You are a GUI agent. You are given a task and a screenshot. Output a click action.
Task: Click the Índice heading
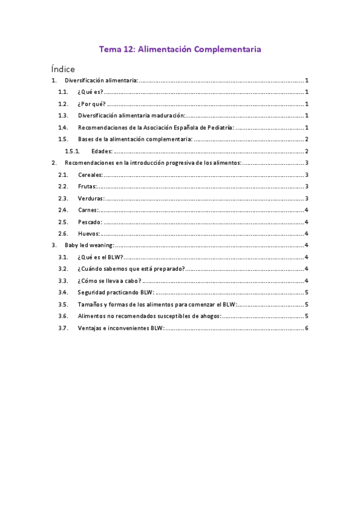click(63, 69)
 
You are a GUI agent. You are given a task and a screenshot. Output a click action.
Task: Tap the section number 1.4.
click(63, 127)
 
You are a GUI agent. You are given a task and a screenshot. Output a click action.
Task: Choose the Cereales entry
click(90, 174)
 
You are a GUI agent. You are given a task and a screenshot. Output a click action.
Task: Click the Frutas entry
click(87, 186)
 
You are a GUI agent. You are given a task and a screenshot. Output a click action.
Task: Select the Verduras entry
click(91, 198)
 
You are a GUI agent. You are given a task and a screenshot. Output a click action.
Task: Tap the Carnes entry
click(88, 210)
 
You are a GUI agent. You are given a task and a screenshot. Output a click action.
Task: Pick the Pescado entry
click(90, 222)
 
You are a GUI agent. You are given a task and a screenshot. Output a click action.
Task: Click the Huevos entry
click(89, 233)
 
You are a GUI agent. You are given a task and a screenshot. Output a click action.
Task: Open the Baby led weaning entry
click(89, 245)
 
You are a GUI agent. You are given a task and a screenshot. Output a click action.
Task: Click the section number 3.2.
click(63, 269)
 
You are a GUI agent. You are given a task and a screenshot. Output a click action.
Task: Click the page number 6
click(307, 328)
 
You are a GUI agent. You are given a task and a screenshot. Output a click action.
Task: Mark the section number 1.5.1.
click(73, 151)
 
